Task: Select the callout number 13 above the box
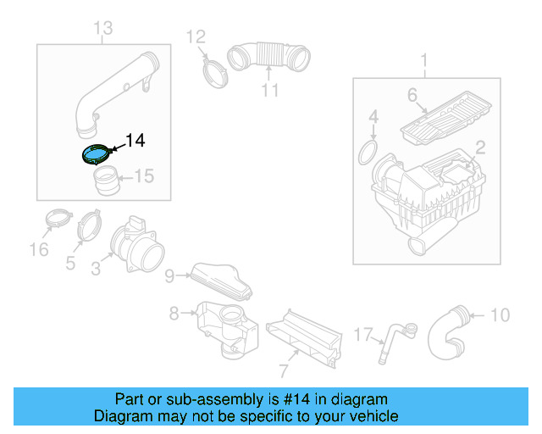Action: (102, 30)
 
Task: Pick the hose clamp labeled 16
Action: (57, 220)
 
